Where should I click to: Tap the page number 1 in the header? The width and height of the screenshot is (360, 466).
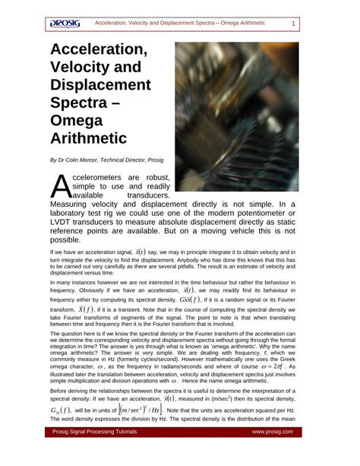point(293,24)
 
